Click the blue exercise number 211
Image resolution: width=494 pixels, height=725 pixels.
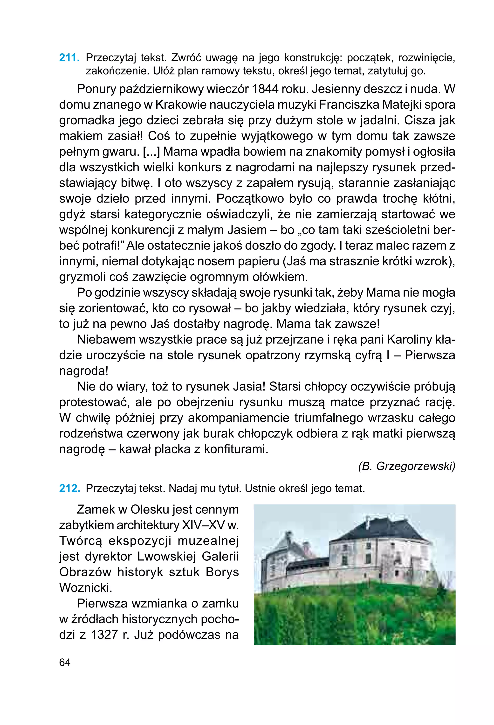(69, 58)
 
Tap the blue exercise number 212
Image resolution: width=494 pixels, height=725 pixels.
(69, 488)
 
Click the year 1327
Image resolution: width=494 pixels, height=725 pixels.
(104, 634)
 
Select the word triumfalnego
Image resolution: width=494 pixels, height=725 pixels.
(328, 418)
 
